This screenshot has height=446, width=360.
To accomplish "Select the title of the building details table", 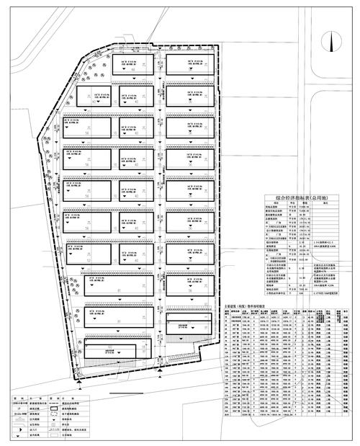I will click(246, 305).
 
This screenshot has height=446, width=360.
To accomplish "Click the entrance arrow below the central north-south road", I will click(160, 372).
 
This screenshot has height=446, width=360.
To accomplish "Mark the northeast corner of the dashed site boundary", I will click(214, 49).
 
